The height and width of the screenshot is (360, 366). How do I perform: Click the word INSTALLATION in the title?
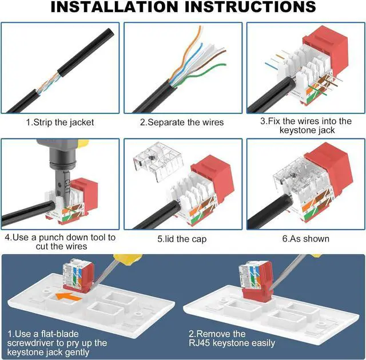(x=114, y=7)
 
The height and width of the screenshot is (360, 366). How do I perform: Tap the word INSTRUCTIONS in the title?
(x=250, y=7)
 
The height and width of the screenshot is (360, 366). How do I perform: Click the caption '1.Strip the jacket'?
(x=60, y=122)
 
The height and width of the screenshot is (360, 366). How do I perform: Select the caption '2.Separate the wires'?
(x=182, y=122)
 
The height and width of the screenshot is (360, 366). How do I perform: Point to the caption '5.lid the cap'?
(x=182, y=239)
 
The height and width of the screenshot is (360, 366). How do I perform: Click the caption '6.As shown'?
(x=306, y=239)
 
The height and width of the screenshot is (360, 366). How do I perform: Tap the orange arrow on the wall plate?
(x=69, y=296)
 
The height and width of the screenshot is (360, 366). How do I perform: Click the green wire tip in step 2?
(x=225, y=65)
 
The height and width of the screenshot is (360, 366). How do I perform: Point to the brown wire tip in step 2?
(x=225, y=51)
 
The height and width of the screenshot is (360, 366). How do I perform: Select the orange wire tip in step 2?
(x=200, y=27)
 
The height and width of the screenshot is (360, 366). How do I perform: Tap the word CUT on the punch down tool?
(x=66, y=185)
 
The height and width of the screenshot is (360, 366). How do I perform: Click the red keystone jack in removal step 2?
(x=257, y=283)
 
